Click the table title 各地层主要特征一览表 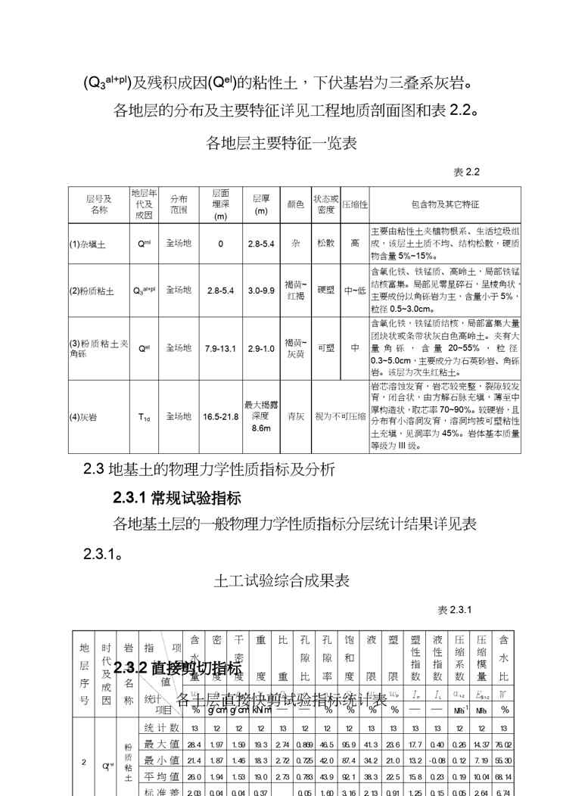click(x=281, y=143)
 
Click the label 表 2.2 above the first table click(x=466, y=173)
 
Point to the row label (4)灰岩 click(x=85, y=417)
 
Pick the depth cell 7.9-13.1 click(x=220, y=349)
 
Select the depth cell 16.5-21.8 click(x=220, y=417)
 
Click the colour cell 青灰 click(x=295, y=417)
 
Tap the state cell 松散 click(x=326, y=244)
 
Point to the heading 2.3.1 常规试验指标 click(x=176, y=498)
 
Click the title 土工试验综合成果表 click(x=281, y=581)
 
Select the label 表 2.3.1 click(x=455, y=610)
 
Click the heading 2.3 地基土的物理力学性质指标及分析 click(x=208, y=469)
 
